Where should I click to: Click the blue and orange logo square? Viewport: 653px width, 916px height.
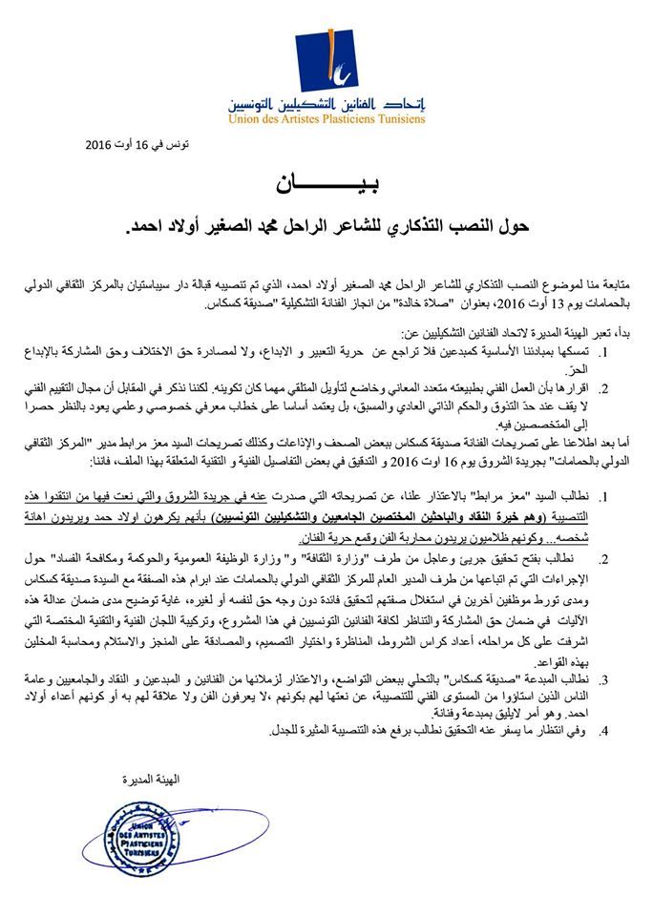click(326, 62)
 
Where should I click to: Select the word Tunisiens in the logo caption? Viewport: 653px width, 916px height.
click(399, 119)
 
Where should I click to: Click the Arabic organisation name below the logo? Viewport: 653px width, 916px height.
click(327, 103)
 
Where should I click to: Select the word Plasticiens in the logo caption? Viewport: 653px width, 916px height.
click(340, 119)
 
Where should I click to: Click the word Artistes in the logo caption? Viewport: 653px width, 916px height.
click(292, 119)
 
